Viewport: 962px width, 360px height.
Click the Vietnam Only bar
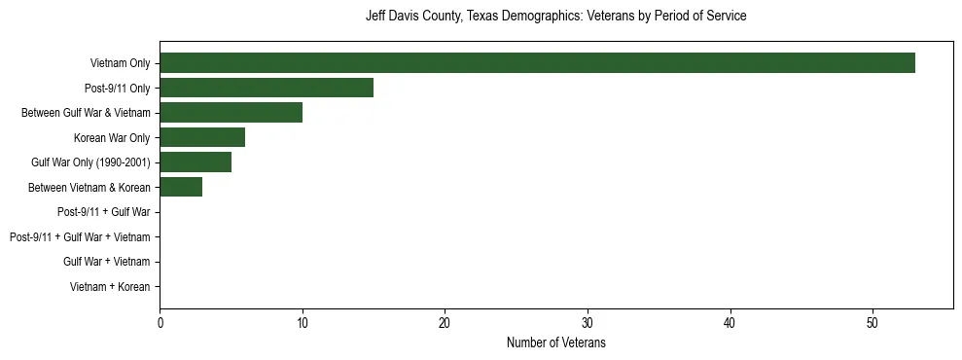[537, 63]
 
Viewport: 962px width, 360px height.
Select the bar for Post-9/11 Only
[267, 88]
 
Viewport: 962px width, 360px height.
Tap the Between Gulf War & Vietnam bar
[231, 113]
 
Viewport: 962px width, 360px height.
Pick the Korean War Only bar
[202, 137]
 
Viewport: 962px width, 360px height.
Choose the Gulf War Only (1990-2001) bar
[196, 162]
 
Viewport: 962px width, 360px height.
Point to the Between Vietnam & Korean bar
[181, 187]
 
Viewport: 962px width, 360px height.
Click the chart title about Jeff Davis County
[555, 17]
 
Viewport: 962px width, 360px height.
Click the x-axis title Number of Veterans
[555, 343]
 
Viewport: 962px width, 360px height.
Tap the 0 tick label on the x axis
[160, 323]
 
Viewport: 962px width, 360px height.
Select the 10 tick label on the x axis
[303, 323]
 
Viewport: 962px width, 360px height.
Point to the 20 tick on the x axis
[445, 323]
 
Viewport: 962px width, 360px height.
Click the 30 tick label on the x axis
[588, 323]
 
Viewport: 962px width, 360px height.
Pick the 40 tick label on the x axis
[730, 323]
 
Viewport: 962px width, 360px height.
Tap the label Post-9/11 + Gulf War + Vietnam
[80, 236]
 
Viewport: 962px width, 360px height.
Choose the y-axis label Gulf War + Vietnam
[106, 262]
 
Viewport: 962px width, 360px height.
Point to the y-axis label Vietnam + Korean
[110, 286]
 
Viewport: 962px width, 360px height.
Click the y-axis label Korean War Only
[112, 137]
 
